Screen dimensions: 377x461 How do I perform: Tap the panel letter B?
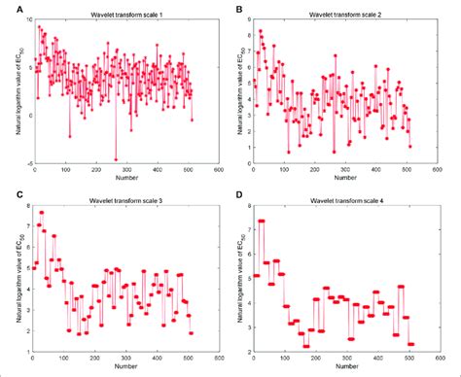239,9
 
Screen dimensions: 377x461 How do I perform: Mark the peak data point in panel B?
260,31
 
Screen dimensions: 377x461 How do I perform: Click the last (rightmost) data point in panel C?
191,332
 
